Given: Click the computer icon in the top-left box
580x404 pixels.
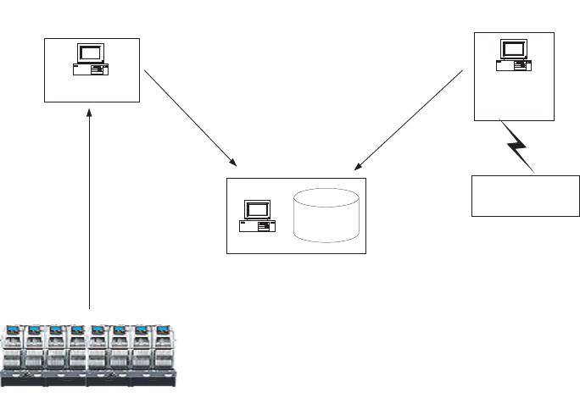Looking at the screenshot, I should click(x=90, y=60).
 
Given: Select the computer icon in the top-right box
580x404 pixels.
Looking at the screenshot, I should click(x=514, y=55).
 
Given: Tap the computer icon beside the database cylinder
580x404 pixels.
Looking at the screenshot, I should click(x=257, y=216).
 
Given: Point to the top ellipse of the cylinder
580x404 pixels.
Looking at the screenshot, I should click(x=326, y=197).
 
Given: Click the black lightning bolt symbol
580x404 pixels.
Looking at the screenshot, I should click(x=518, y=148).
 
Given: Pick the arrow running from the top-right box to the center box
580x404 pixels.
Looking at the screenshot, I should click(x=410, y=119).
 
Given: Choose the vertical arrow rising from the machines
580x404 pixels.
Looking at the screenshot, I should click(x=89, y=212).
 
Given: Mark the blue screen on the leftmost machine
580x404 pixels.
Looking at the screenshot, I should click(x=14, y=329).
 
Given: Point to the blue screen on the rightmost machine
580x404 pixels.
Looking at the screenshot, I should click(x=164, y=329).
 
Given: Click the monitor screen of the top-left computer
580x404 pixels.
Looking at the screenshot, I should click(x=90, y=53).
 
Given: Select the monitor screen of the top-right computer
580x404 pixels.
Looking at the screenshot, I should click(x=514, y=47).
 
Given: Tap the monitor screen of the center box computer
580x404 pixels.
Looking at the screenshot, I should click(x=257, y=209).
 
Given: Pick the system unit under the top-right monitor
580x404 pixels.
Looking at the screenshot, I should click(x=514, y=64).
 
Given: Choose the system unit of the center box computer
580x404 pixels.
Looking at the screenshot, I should click(x=257, y=226).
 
